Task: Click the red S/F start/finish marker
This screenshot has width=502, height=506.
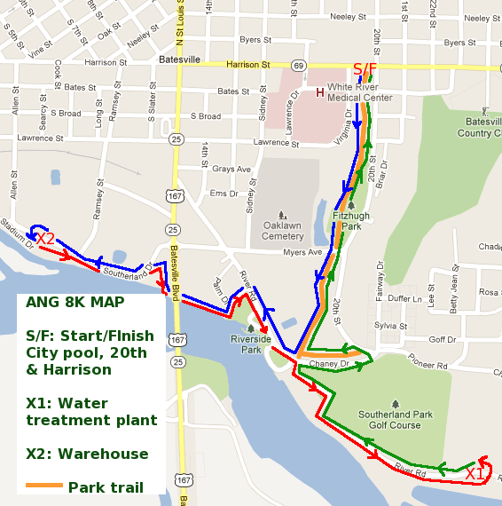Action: [x=365, y=69]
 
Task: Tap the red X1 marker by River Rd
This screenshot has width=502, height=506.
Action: [x=475, y=474]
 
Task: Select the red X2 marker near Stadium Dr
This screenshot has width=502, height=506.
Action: [x=45, y=239]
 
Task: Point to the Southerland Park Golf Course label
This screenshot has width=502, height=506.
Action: [x=395, y=419]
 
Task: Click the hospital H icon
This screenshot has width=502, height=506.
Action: [x=320, y=91]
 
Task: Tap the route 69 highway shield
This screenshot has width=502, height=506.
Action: [x=299, y=66]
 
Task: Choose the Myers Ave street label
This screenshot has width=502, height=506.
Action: [x=302, y=253]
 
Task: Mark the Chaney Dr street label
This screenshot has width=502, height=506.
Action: [x=330, y=363]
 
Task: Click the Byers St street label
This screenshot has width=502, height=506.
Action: [x=255, y=40]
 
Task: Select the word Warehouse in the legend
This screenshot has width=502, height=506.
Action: [x=103, y=454]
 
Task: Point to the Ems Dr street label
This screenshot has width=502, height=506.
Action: [x=224, y=194]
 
